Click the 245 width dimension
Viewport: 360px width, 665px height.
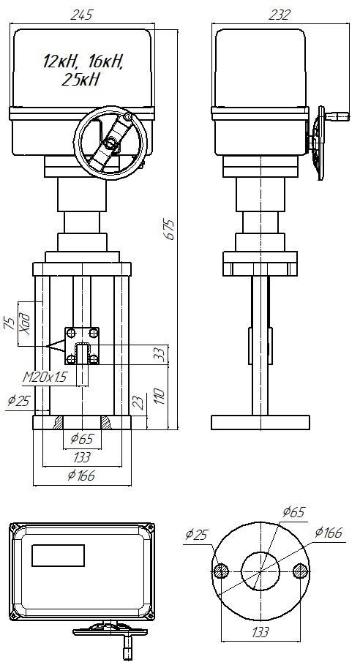pos(81,15)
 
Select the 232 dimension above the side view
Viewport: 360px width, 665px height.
pos(280,15)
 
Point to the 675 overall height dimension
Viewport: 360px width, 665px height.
pos(170,230)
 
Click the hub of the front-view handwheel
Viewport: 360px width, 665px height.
pos(111,144)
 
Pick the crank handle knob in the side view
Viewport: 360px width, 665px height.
pos(339,116)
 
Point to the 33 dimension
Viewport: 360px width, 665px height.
pos(158,355)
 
